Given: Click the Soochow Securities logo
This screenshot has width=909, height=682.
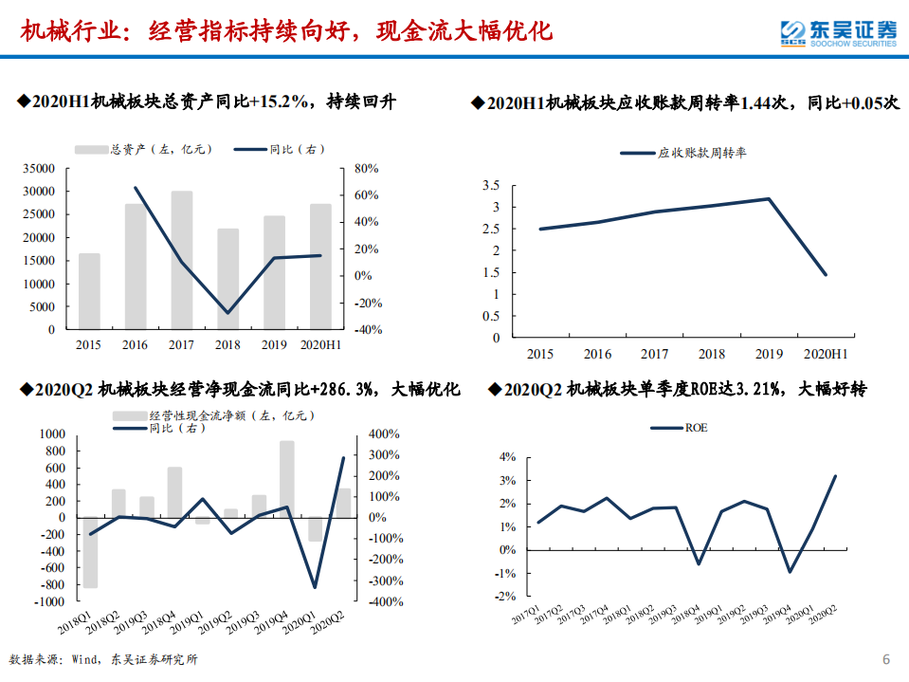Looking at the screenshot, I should pos(838,32).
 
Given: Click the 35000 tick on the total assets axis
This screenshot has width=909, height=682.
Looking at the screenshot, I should pos(39,169).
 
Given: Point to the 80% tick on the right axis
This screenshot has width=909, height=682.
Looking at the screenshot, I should pos(366,169).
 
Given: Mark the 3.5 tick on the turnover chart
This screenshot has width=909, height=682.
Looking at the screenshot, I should pos(491,185).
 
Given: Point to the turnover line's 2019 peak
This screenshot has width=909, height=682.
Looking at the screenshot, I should pos(768,198).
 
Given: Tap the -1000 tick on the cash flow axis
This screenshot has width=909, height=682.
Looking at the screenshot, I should pos(49,601).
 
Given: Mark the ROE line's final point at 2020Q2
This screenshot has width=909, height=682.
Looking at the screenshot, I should pos(834,476).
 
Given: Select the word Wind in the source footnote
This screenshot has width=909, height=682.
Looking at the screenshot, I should pos(85,660).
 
